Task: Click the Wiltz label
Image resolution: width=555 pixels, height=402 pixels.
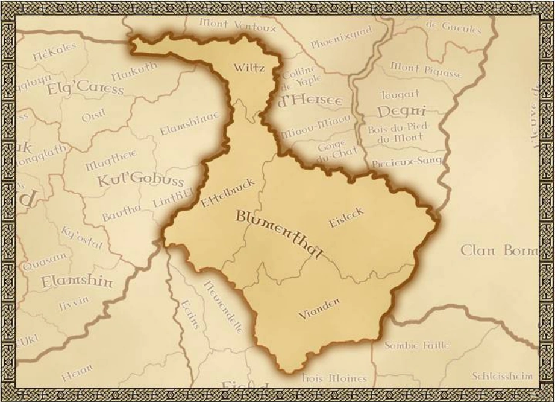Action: click(249, 68)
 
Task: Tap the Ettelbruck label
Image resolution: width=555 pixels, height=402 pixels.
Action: click(228, 193)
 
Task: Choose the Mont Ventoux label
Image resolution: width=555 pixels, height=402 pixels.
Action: click(238, 25)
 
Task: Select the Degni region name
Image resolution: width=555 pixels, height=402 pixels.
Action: click(401, 112)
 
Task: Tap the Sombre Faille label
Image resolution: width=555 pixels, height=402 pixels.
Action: click(416, 345)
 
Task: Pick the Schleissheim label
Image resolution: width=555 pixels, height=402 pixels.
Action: click(502, 375)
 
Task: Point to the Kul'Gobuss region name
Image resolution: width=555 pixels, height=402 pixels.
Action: click(140, 181)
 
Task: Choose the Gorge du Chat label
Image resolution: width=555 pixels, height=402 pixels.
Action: click(332, 150)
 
